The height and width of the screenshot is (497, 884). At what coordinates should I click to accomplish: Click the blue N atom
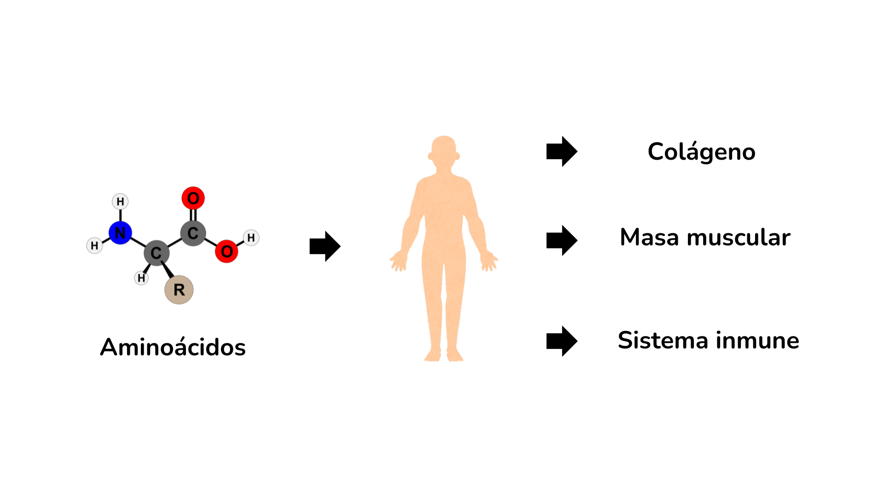click(x=120, y=233)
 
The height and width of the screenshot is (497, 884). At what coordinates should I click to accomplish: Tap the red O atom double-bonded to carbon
click(x=193, y=198)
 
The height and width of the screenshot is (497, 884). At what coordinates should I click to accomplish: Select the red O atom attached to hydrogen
click(x=227, y=251)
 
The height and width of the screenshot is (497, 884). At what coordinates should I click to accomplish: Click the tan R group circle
click(x=179, y=290)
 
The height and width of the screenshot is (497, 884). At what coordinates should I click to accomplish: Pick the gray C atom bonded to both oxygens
click(x=193, y=233)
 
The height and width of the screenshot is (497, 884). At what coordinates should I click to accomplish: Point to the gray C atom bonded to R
click(x=157, y=253)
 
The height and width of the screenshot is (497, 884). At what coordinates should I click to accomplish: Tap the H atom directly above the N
click(x=120, y=202)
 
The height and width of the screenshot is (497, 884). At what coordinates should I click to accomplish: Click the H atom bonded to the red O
click(x=251, y=238)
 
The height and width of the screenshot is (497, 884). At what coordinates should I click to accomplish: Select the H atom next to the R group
click(x=141, y=278)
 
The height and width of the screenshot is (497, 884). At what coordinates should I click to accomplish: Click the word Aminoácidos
click(x=173, y=347)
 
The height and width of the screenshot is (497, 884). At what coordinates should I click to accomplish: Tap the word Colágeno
click(x=701, y=152)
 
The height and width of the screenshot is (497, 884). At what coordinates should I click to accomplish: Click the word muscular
click(x=739, y=237)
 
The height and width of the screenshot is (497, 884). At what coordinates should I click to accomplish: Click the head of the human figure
click(x=444, y=152)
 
